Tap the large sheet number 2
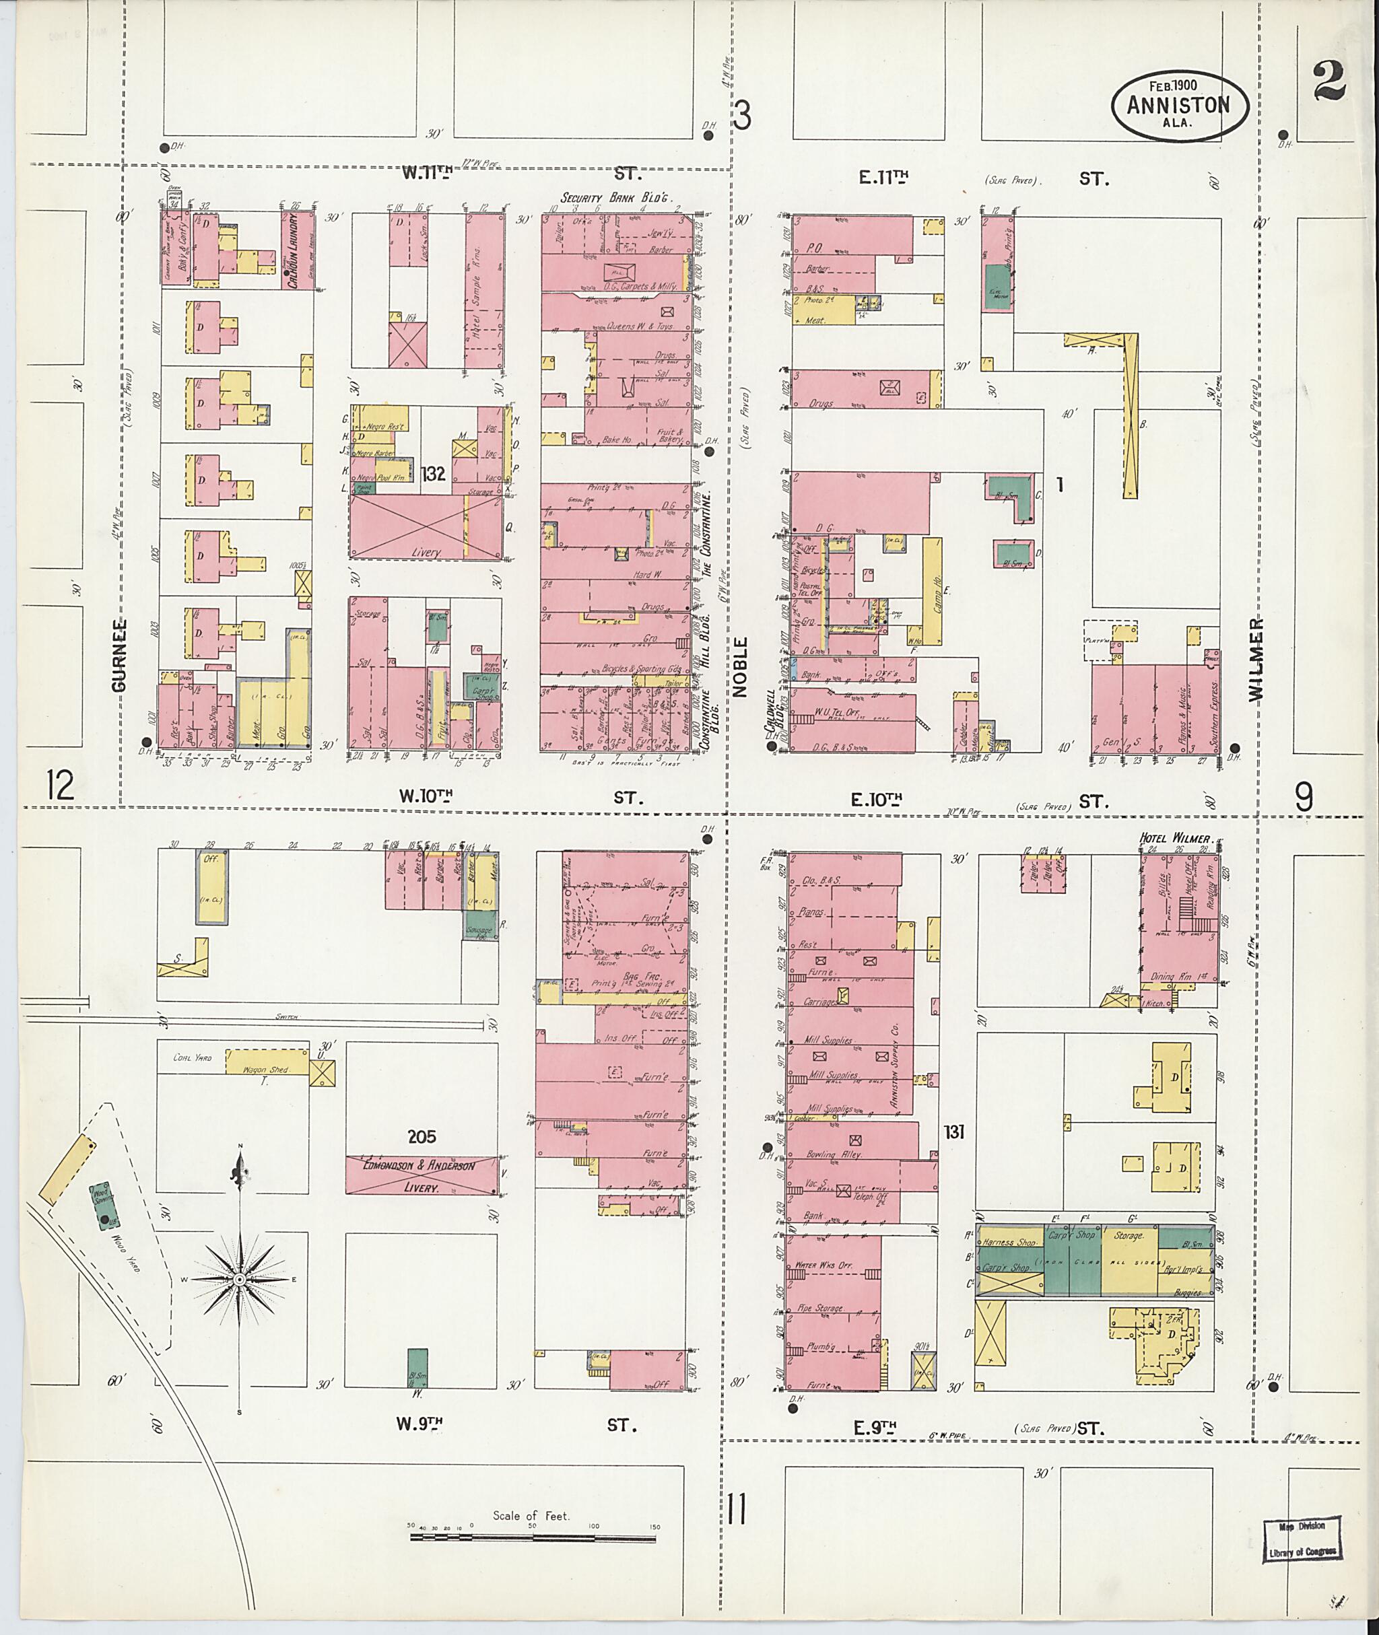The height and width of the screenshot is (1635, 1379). point(1328,81)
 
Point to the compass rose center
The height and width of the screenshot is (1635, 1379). point(239,1280)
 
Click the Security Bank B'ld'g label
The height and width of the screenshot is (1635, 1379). point(616,199)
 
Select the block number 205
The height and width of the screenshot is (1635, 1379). point(421,1137)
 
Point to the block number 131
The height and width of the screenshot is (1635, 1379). point(953,1131)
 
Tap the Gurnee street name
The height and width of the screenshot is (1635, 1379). point(118,655)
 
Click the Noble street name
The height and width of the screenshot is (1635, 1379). point(739,666)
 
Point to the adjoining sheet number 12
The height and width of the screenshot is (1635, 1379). point(59,784)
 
